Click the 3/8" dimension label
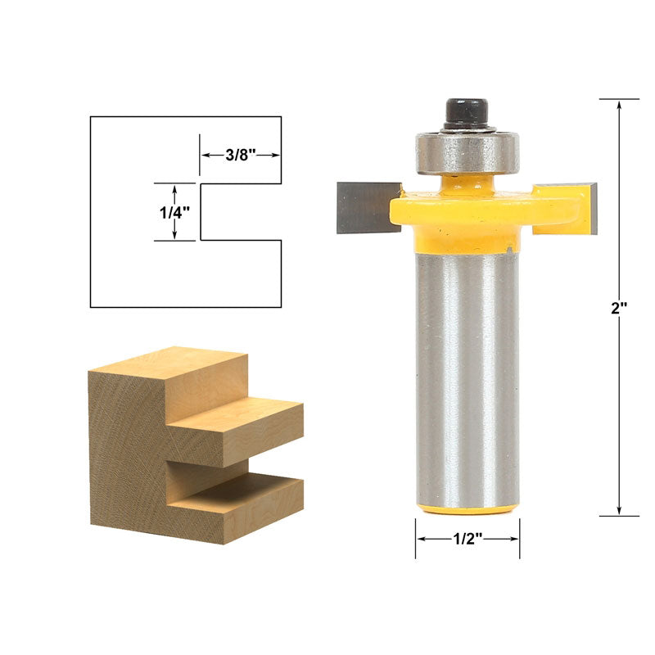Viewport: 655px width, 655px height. click(x=240, y=155)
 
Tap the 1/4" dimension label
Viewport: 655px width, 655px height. click(x=174, y=213)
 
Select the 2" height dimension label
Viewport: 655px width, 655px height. click(x=619, y=309)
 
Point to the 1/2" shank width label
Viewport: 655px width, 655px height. click(x=468, y=539)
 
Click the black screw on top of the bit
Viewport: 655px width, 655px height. click(x=467, y=113)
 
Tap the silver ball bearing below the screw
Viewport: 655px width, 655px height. click(x=467, y=151)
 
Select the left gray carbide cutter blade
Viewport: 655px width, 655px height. click(x=368, y=208)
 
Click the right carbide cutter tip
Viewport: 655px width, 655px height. click(x=593, y=208)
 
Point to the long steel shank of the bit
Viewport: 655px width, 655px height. click(x=468, y=379)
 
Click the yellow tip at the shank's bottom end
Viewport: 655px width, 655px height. click(x=468, y=509)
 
